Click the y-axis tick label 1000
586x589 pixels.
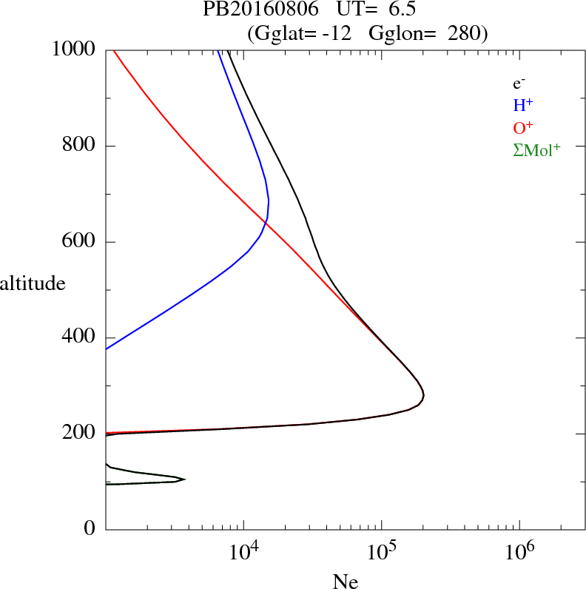[x=74, y=50]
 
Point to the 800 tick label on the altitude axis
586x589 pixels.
[x=79, y=146]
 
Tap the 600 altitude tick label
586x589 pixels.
[x=79, y=242]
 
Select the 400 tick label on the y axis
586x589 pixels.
[x=79, y=337]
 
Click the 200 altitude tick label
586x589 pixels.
[x=79, y=434]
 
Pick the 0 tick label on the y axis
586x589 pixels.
[x=90, y=529]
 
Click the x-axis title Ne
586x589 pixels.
[x=346, y=582]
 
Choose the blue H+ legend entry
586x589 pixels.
[x=523, y=105]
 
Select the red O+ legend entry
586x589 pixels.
[x=523, y=127]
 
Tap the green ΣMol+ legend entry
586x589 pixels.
[x=536, y=149]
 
